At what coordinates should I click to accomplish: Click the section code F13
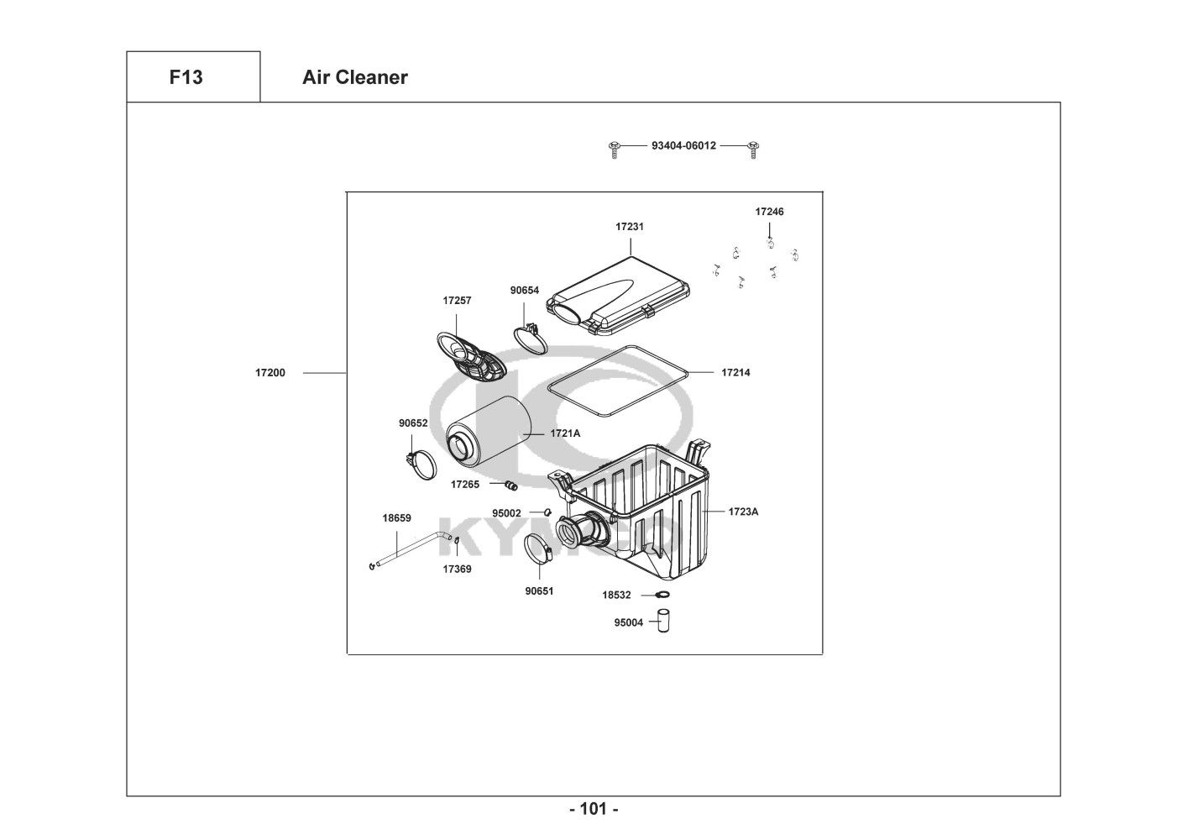point(186,77)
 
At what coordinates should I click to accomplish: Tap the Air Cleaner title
point(354,77)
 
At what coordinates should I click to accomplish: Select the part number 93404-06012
point(683,145)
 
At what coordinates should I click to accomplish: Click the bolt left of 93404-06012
point(615,149)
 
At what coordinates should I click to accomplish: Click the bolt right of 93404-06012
point(753,149)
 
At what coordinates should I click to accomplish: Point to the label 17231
point(630,227)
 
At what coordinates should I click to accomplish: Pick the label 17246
point(769,212)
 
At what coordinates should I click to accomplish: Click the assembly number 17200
point(270,372)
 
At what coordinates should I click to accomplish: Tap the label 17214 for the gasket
point(735,372)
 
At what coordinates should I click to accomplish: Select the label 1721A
point(565,433)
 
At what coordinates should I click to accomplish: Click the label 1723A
point(743,511)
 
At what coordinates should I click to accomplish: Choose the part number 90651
point(539,591)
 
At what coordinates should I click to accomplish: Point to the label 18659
point(396,518)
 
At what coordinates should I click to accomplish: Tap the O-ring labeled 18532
point(662,596)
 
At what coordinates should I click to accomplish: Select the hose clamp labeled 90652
point(422,463)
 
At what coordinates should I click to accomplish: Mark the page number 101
point(594,810)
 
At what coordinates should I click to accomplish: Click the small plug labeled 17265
point(510,485)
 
